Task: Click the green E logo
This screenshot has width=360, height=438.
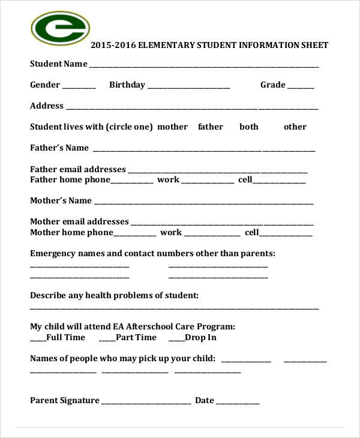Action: (59, 29)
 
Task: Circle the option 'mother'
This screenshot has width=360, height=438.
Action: (172, 127)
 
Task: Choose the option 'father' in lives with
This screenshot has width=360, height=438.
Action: (210, 127)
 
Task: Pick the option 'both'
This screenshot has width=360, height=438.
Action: (249, 127)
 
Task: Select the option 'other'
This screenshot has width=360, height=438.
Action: (295, 127)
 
